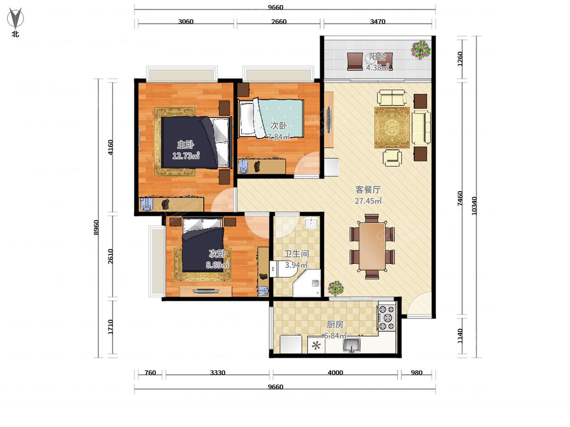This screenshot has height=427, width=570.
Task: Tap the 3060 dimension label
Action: pyautogui.click(x=186, y=21)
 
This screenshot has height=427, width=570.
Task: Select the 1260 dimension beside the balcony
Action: pyautogui.click(x=460, y=59)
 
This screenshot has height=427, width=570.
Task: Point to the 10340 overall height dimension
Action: pyautogui.click(x=474, y=206)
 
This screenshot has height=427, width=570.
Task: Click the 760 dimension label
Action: pyautogui.click(x=150, y=372)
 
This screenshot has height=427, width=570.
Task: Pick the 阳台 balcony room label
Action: pyautogui.click(x=377, y=57)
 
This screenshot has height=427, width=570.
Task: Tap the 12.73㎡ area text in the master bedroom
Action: pyautogui.click(x=186, y=156)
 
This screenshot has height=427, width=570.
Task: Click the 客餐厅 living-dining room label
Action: pyautogui.click(x=368, y=190)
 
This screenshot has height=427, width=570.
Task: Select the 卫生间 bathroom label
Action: pyautogui.click(x=296, y=254)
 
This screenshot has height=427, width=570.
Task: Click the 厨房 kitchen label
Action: pyautogui.click(x=335, y=325)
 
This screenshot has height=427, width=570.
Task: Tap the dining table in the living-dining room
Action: pyautogui.click(x=372, y=247)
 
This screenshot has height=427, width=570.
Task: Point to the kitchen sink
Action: pyautogui.click(x=351, y=345)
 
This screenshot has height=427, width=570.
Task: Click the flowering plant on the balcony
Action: pyautogui.click(x=421, y=50)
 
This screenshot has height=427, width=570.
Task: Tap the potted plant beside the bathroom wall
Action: pyautogui.click(x=335, y=288)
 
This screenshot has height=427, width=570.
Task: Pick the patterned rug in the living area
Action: pyautogui.click(x=392, y=128)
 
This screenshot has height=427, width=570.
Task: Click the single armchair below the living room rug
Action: pyautogui.click(x=392, y=158)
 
